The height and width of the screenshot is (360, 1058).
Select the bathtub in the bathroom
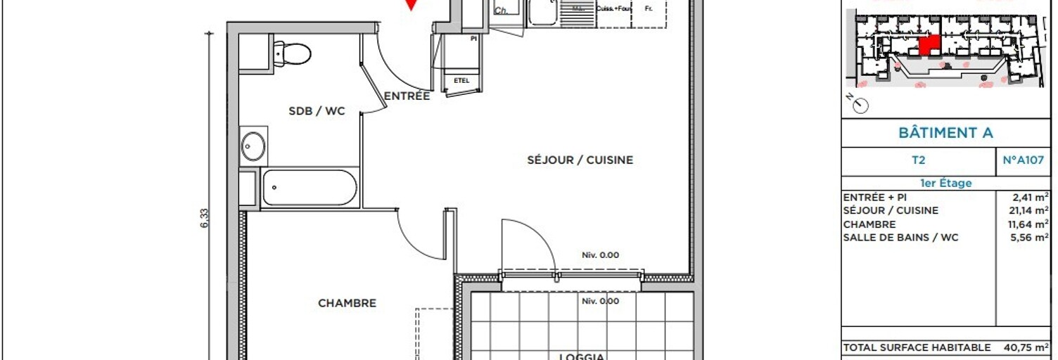pos(310,187)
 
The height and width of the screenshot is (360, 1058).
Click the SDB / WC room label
pos(317,111)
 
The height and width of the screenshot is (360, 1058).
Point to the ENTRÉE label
pos(407,96)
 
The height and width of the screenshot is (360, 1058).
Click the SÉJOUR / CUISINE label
pos(580,160)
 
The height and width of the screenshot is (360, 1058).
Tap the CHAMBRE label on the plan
pos(347,304)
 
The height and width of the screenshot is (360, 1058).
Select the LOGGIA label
pos(582,356)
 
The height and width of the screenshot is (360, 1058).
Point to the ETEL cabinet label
pos(461,80)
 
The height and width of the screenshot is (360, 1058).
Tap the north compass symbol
pos(860,105)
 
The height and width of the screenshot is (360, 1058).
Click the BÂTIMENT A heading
pos(945,133)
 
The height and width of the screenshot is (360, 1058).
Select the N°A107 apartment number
pos(1024,160)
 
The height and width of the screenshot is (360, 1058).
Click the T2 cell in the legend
pos(918,160)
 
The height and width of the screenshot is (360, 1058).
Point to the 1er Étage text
pos(945,183)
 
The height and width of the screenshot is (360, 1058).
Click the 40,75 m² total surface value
pos(1026,347)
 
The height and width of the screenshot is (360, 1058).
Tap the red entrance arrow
pos(412,5)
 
